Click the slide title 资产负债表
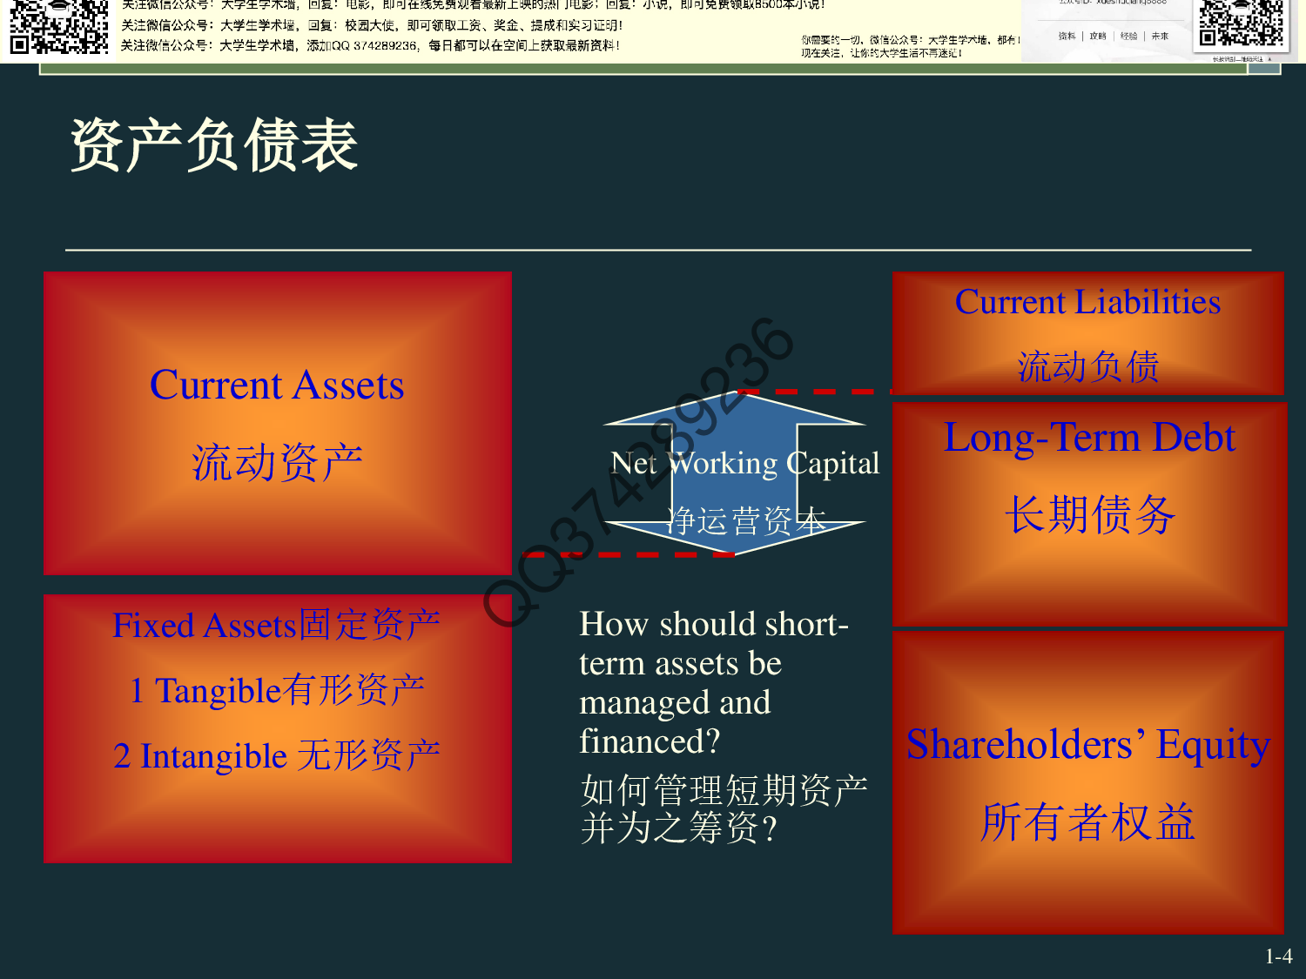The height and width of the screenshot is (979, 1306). (213, 145)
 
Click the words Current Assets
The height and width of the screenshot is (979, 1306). (277, 385)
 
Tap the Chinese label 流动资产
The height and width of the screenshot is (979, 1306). (277, 462)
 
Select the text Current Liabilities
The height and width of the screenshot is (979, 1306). (1087, 302)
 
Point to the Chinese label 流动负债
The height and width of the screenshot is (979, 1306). (1087, 366)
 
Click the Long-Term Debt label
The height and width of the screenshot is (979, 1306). (1089, 438)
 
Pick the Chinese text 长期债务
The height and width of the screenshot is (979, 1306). (1089, 513)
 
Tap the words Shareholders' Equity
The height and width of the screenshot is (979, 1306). (1087, 745)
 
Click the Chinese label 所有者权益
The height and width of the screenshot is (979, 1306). (1087, 822)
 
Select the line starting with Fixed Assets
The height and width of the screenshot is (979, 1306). (277, 625)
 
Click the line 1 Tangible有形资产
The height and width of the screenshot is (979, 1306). (277, 690)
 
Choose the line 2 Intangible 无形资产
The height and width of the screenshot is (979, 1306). (277, 755)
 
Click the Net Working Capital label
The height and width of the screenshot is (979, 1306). (744, 463)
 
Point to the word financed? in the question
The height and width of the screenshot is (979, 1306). (650, 741)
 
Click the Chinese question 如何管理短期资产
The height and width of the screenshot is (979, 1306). (724, 790)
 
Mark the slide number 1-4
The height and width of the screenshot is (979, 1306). (1278, 956)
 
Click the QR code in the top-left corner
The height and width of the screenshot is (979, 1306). (58, 26)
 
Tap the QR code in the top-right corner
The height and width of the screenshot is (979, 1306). (1242, 23)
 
